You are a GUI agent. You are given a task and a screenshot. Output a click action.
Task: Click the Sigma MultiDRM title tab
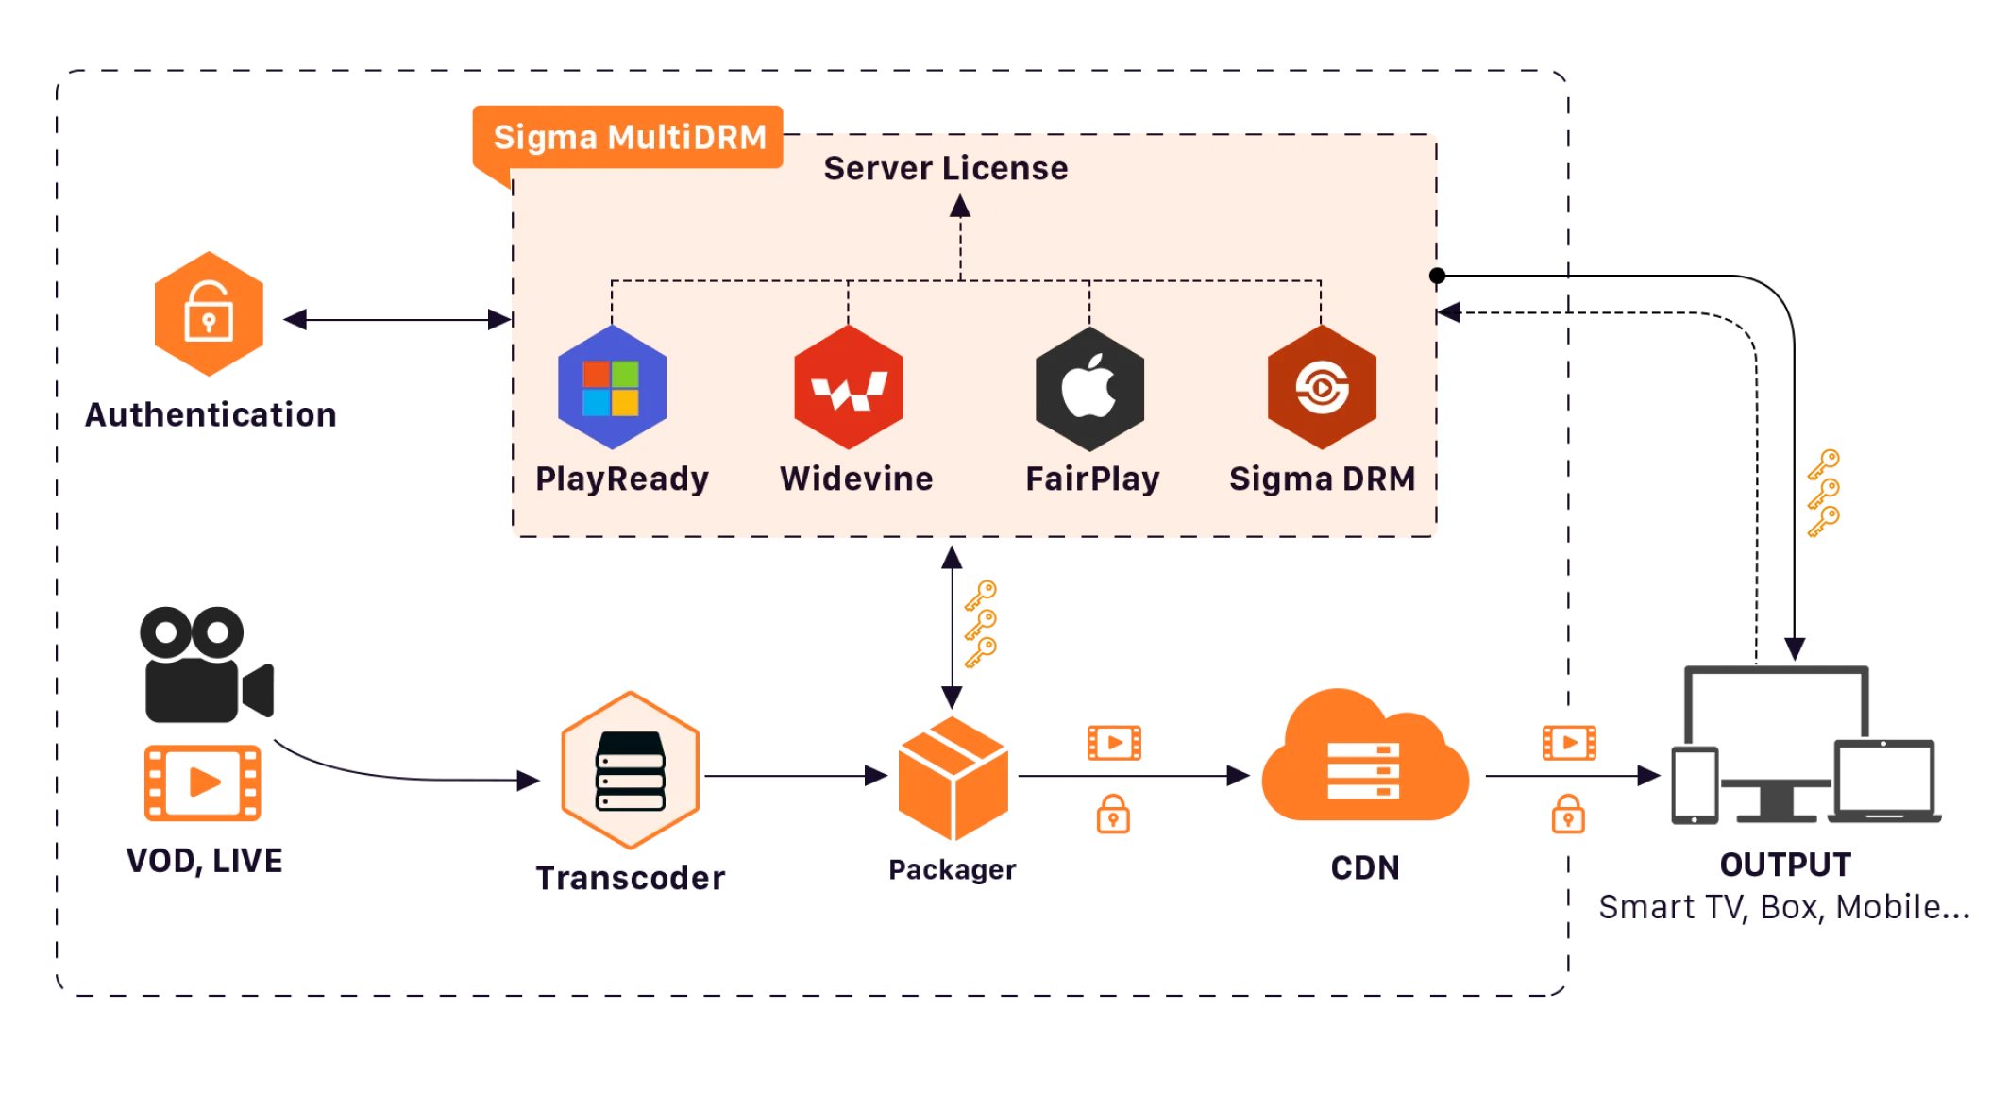[630, 138]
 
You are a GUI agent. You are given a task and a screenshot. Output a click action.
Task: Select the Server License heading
[945, 169]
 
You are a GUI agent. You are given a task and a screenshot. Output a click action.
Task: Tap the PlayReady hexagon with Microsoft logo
[612, 387]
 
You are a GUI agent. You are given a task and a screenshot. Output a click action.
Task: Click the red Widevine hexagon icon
[848, 388]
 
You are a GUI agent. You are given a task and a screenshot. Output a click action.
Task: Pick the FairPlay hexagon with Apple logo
[1089, 388]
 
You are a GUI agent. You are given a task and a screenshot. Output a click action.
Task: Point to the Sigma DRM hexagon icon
[1322, 387]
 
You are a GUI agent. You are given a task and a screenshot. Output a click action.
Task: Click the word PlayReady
[621, 479]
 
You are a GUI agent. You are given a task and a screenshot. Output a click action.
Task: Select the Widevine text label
[855, 479]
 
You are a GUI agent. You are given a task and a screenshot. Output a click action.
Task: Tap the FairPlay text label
[1092, 479]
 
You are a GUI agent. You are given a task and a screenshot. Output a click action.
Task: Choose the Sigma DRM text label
[1322, 479]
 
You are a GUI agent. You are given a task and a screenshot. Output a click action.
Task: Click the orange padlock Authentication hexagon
[208, 313]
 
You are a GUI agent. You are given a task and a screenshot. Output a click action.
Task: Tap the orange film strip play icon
[204, 782]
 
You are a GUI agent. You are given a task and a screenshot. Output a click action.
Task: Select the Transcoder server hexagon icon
[630, 770]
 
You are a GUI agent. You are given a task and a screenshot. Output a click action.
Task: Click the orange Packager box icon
[953, 779]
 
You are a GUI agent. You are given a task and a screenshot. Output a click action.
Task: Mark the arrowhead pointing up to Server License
[960, 205]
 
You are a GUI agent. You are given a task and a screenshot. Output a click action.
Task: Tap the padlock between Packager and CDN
[1113, 814]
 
